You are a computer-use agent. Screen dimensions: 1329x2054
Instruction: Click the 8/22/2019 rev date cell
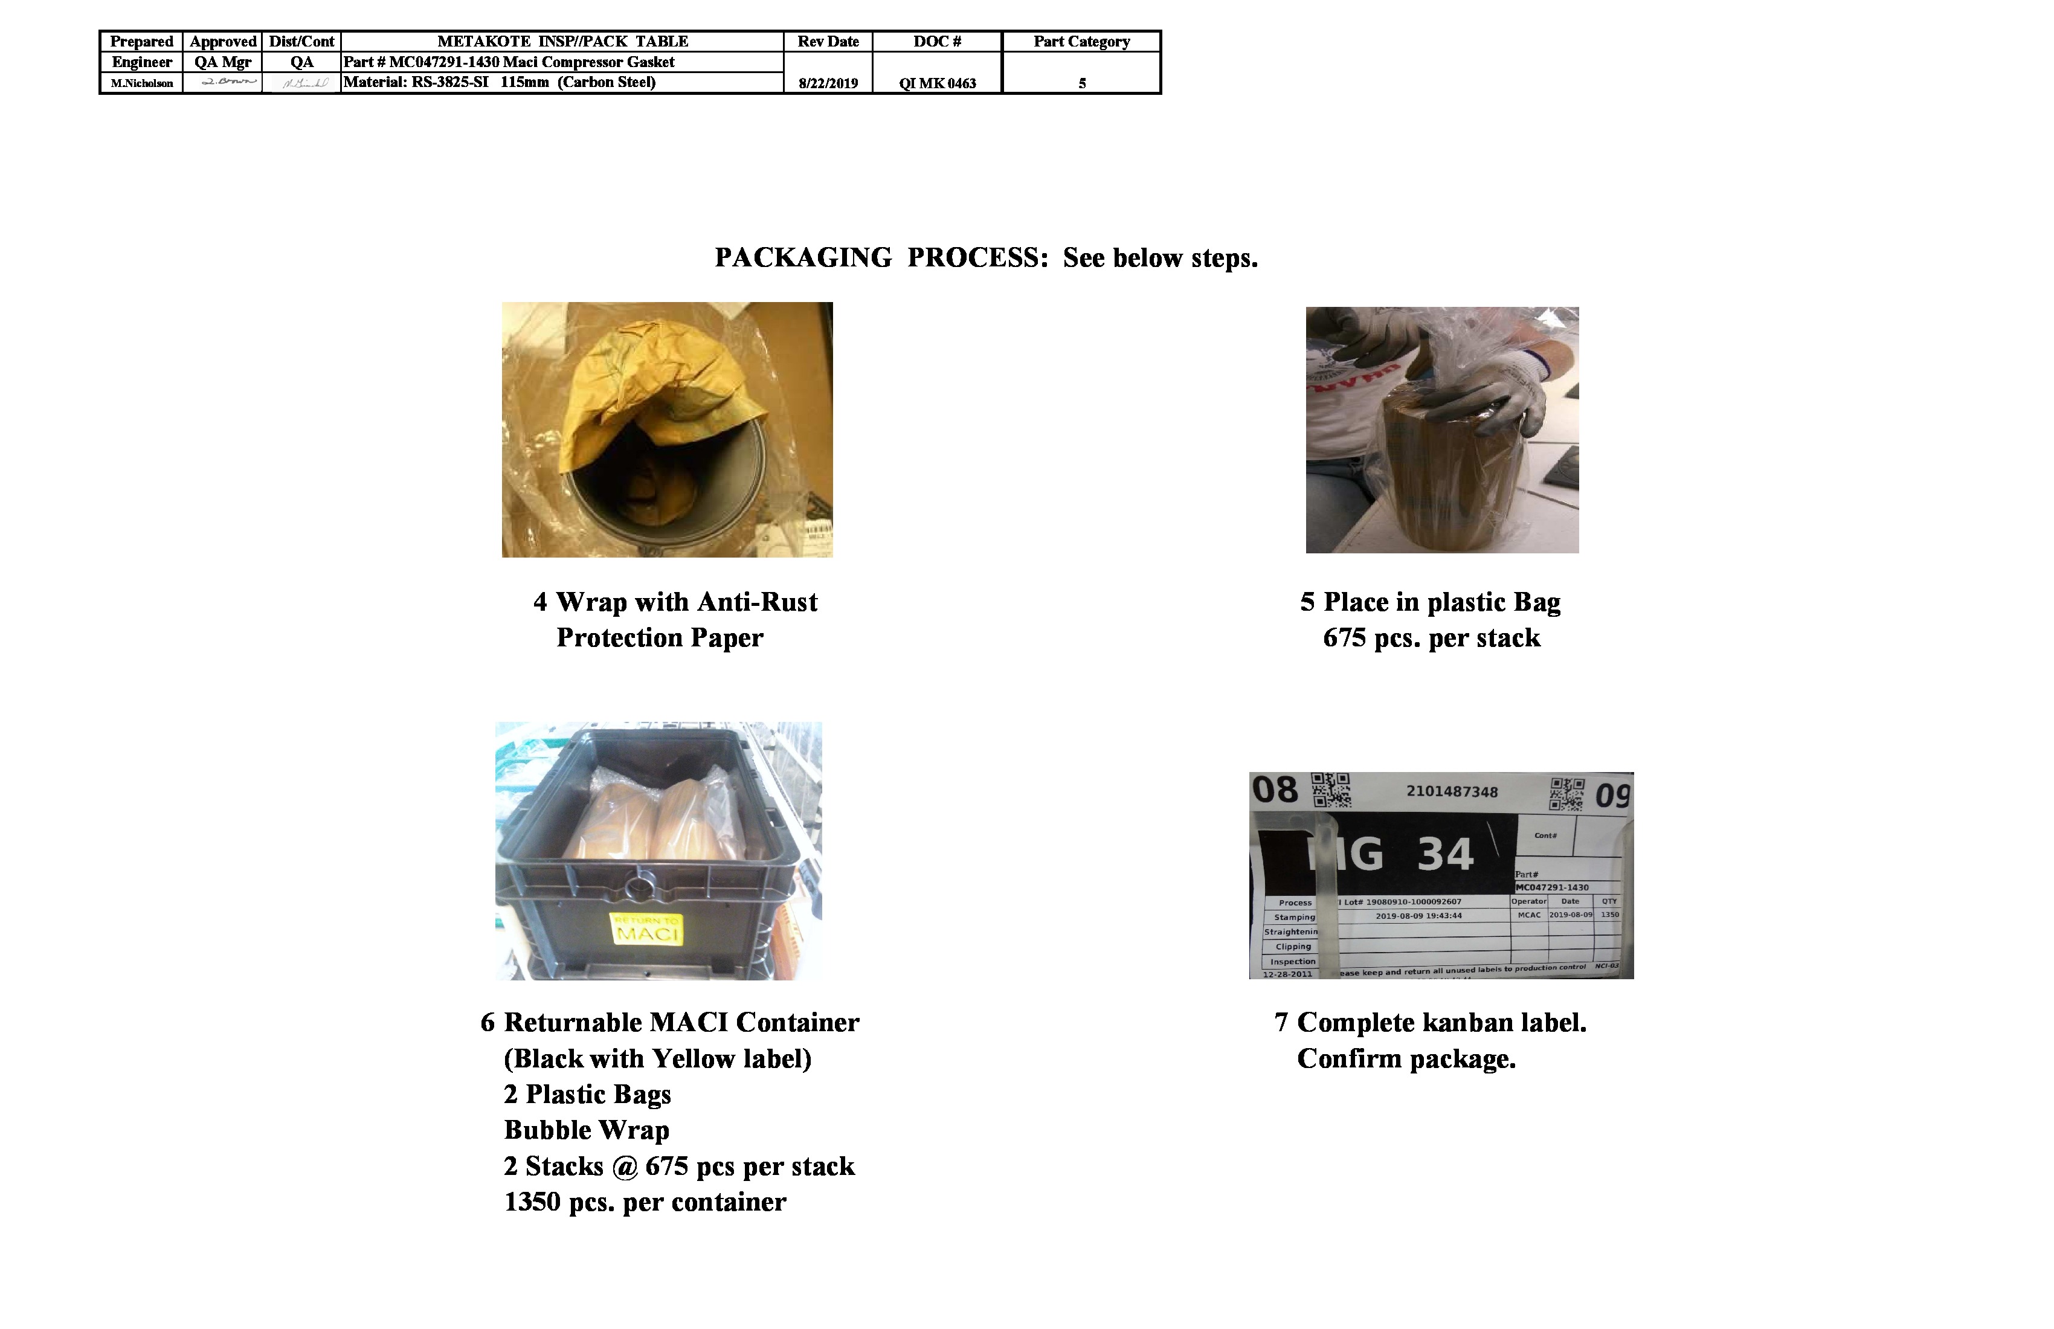(x=828, y=83)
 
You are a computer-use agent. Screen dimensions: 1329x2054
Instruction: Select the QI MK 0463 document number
(x=937, y=83)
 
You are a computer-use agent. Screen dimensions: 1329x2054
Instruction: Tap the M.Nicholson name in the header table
(x=141, y=83)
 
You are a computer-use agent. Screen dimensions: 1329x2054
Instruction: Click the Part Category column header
(x=1081, y=42)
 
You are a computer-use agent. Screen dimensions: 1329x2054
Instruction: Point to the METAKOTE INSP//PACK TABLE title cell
(x=562, y=42)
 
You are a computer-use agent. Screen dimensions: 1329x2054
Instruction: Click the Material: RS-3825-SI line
(x=500, y=82)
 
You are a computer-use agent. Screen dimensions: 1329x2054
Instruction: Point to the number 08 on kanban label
(x=1275, y=790)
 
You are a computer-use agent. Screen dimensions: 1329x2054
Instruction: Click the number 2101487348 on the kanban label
(x=1452, y=791)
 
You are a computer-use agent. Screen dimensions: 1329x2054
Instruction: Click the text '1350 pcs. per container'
(x=645, y=1202)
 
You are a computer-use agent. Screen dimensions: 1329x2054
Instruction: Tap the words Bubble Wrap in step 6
(x=587, y=1130)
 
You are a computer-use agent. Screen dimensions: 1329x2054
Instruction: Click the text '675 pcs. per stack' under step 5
(x=1431, y=638)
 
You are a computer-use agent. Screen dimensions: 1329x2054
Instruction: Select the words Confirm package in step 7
(x=1406, y=1058)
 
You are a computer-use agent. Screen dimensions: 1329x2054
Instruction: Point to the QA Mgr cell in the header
(x=223, y=62)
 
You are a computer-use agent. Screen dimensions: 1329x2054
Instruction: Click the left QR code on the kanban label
(x=1331, y=790)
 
